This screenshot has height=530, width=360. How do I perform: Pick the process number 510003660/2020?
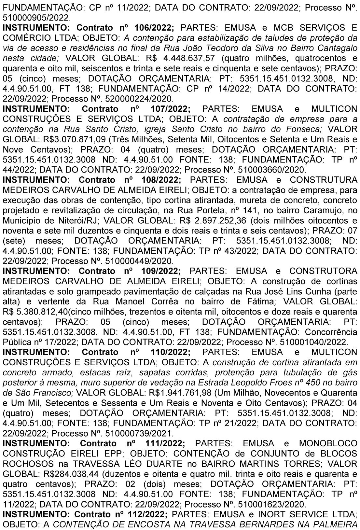coord(272,169)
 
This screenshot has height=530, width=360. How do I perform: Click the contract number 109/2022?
coord(161,271)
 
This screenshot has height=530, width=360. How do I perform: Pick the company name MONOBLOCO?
coord(327,443)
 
